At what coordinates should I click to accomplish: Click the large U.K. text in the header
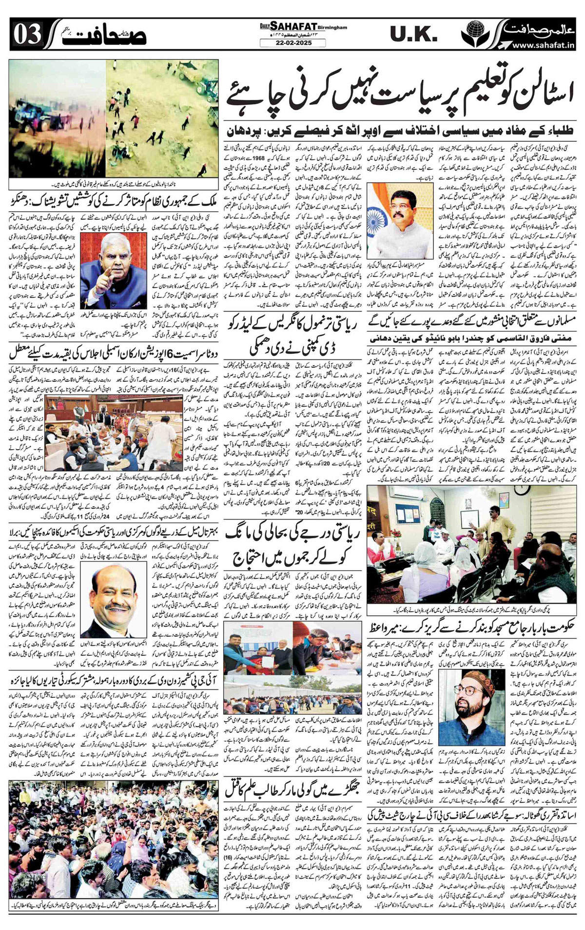(414, 34)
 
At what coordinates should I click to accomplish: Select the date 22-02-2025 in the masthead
(292, 43)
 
